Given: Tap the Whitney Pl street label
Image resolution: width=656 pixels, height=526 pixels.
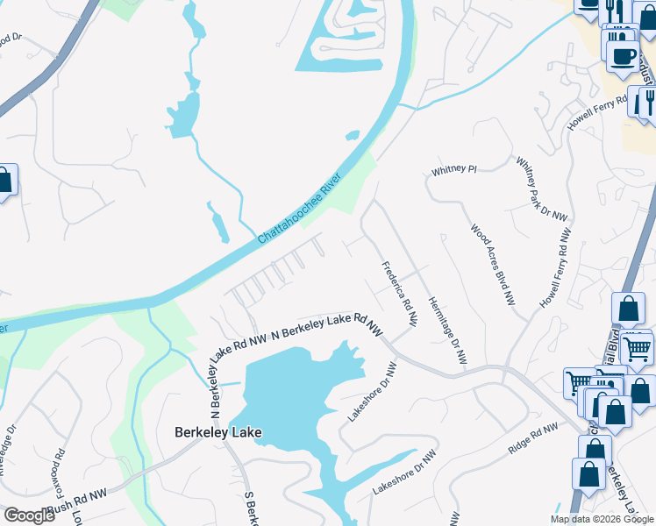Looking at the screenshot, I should [453, 170].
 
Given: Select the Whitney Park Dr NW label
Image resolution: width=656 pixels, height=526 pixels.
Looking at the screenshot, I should [541, 189].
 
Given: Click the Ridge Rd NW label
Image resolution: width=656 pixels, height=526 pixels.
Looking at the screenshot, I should [533, 439].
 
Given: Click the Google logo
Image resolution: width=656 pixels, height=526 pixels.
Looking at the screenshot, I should [29, 515].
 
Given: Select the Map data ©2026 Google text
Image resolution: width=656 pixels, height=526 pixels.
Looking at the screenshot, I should [602, 519].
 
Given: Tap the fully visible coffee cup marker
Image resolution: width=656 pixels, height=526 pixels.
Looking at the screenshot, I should [624, 55].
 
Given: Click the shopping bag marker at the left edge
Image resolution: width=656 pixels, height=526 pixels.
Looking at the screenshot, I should [4, 181].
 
